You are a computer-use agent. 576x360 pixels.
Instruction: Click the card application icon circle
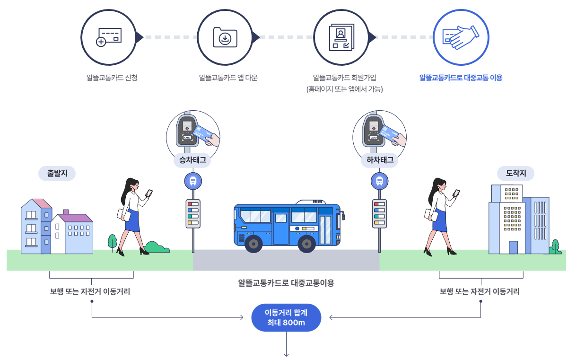coord(109,36)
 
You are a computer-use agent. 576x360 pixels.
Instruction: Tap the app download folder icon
coord(225,37)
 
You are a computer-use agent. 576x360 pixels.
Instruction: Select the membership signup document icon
coord(341,37)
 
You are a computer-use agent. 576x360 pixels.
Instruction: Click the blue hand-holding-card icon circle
coord(461,36)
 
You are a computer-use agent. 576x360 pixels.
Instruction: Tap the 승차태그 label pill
coord(192,160)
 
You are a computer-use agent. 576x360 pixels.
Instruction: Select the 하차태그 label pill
coord(380,160)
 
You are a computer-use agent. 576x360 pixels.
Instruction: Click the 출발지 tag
coord(57,173)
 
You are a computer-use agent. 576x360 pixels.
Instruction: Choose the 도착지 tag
coord(516,173)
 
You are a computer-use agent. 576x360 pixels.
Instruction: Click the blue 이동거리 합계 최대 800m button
coord(286,317)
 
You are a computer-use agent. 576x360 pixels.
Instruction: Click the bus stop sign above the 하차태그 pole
coord(379,181)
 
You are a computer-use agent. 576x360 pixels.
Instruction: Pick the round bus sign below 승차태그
coord(193,181)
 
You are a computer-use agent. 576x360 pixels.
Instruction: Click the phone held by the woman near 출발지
coord(149,193)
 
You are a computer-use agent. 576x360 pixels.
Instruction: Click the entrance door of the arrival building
coord(513,247)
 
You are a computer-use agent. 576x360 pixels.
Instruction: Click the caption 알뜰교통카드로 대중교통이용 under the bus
coord(286,283)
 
